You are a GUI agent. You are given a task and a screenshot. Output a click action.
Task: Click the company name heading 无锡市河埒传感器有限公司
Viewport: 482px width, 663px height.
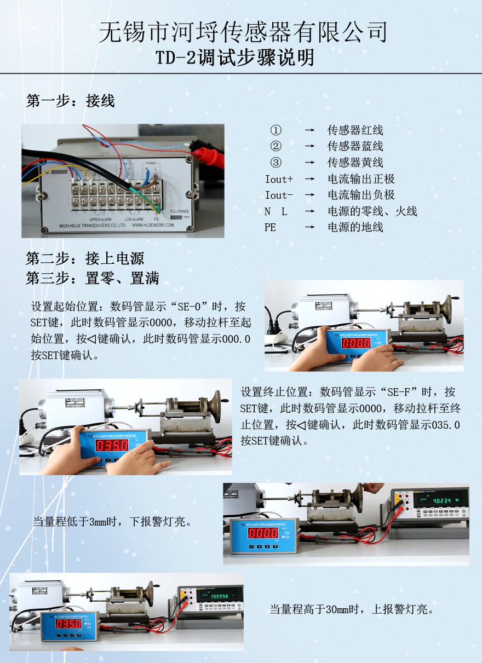243,32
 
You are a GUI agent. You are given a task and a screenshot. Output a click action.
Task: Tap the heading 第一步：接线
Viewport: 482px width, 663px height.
70,101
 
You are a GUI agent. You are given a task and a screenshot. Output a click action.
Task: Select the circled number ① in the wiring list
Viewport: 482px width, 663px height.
276,130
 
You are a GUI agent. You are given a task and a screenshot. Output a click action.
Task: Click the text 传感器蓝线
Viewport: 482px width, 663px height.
355,146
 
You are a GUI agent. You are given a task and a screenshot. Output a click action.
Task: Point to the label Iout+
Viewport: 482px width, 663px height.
279,179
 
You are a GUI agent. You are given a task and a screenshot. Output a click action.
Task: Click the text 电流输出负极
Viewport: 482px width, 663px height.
361,195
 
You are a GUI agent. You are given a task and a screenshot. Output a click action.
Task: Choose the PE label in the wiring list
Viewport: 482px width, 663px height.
271,227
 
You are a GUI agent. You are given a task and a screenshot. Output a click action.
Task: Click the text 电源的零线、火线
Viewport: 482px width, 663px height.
372,211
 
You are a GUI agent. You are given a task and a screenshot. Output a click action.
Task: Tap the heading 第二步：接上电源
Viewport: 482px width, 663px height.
85,258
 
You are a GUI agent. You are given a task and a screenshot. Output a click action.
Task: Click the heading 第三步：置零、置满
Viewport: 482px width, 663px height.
93,279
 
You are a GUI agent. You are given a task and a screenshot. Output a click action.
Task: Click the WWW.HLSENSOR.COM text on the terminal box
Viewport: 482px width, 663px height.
153,225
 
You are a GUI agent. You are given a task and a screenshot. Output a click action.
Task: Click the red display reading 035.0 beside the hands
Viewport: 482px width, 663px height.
112,445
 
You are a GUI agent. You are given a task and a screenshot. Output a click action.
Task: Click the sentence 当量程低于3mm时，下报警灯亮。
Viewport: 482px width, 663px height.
112,522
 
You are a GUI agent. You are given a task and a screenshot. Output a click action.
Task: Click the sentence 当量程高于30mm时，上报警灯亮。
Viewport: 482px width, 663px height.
352,609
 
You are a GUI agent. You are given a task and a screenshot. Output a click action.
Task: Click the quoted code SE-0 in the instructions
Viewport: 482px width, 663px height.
193,306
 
